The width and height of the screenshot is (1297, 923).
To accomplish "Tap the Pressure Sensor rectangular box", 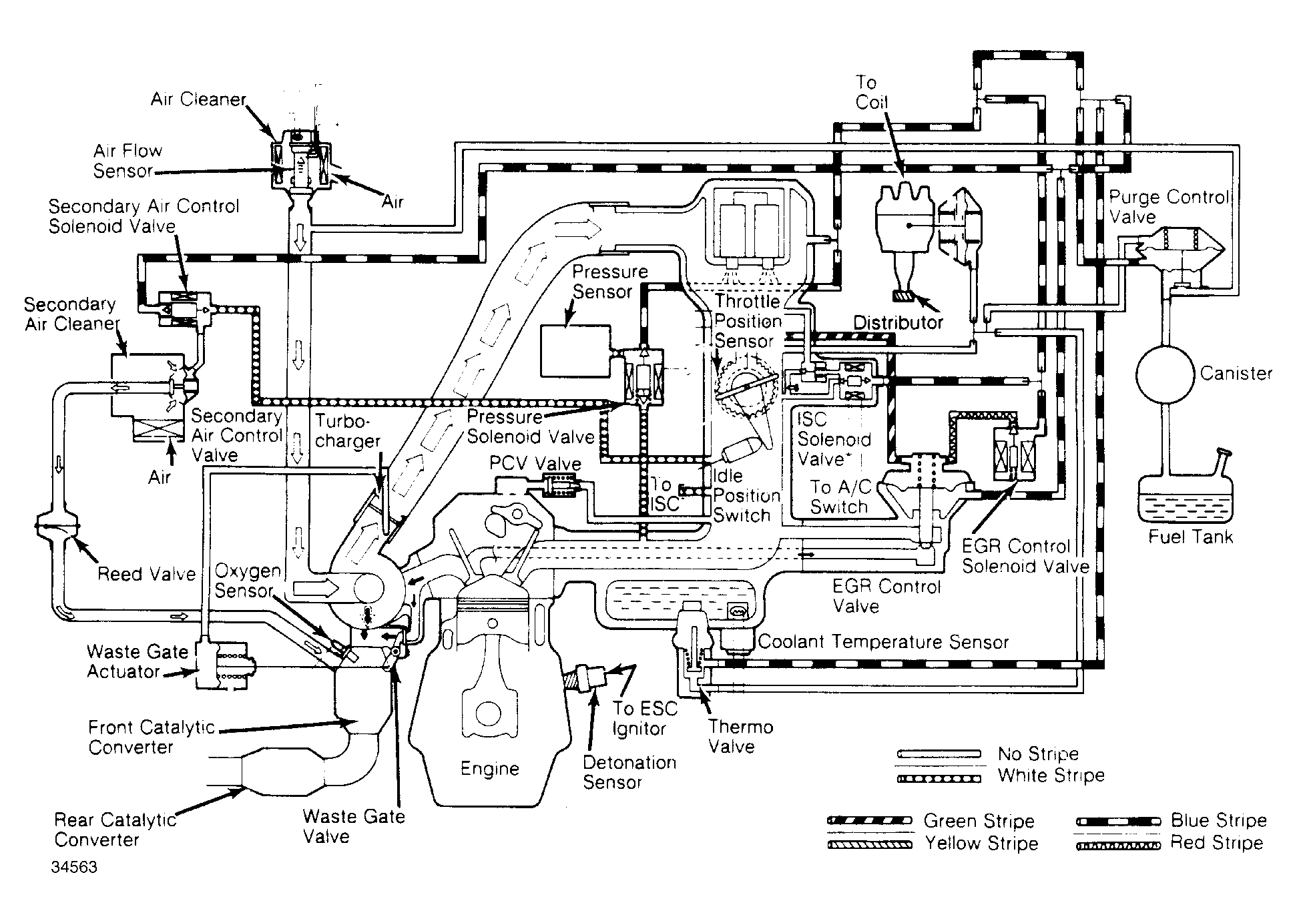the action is (x=575, y=351).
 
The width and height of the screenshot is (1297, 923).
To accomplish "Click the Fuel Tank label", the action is (x=1191, y=537).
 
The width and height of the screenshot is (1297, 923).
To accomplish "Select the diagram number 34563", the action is (x=74, y=867).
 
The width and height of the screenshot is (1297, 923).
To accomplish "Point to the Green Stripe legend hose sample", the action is (x=870, y=821).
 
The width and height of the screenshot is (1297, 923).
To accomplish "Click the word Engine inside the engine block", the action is (x=489, y=770).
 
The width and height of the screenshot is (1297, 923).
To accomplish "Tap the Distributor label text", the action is (x=898, y=323).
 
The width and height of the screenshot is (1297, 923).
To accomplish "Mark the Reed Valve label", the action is (x=146, y=574).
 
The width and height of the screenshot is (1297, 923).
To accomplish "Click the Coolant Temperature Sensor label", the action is (x=883, y=642).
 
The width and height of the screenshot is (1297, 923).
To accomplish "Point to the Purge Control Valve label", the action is (x=1168, y=207).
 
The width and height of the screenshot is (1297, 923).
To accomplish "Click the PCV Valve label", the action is (x=535, y=463).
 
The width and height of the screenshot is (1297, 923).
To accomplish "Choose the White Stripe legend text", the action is (x=1051, y=776).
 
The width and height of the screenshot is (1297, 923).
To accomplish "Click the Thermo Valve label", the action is (x=741, y=737).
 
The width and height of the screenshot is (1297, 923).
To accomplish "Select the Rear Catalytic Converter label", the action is (x=115, y=829).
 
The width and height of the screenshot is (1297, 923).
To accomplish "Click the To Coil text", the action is (x=872, y=92).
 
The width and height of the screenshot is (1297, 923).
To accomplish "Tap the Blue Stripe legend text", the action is (x=1219, y=820).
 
